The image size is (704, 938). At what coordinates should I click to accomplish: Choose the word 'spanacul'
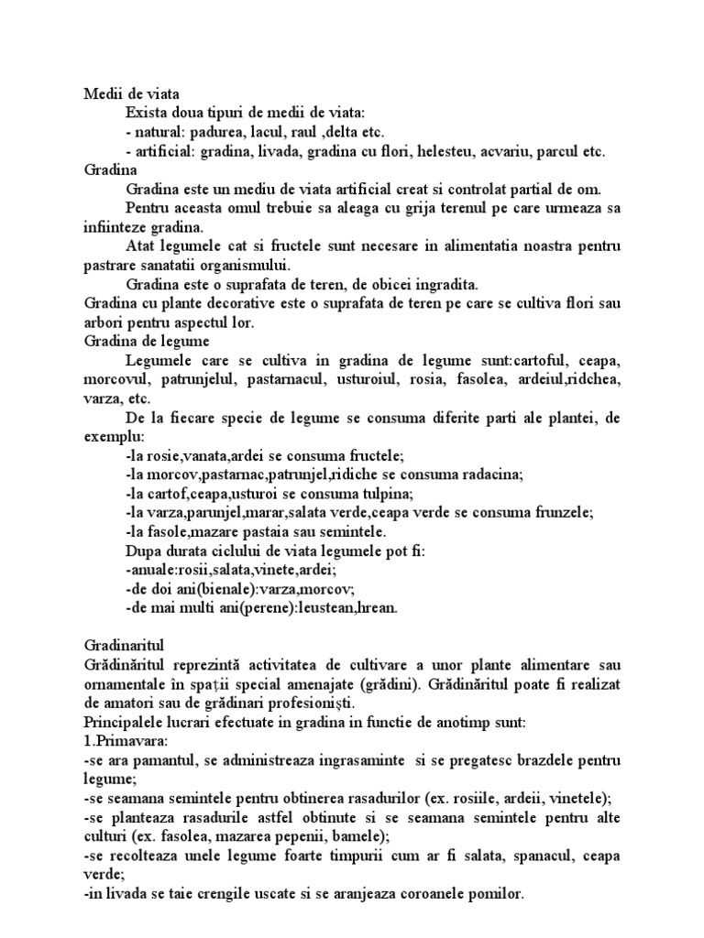coord(515,855)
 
